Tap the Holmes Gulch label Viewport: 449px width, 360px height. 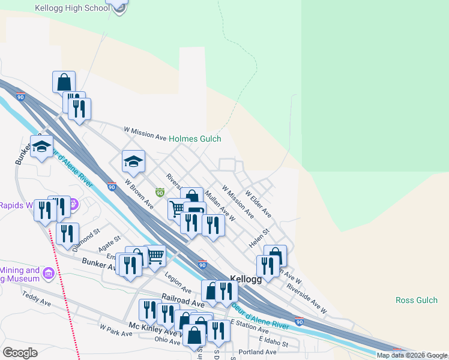point(194,138)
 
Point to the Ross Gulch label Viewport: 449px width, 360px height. point(417,300)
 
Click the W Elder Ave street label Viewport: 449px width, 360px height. point(258,204)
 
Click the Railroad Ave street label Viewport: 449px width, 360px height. point(183,300)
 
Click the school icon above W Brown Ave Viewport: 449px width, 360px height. point(133,161)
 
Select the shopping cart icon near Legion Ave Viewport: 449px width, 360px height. point(155,256)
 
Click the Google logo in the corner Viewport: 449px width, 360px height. point(20,353)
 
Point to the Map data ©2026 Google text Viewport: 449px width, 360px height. point(412,355)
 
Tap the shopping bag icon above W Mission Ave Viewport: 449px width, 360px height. point(64,82)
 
